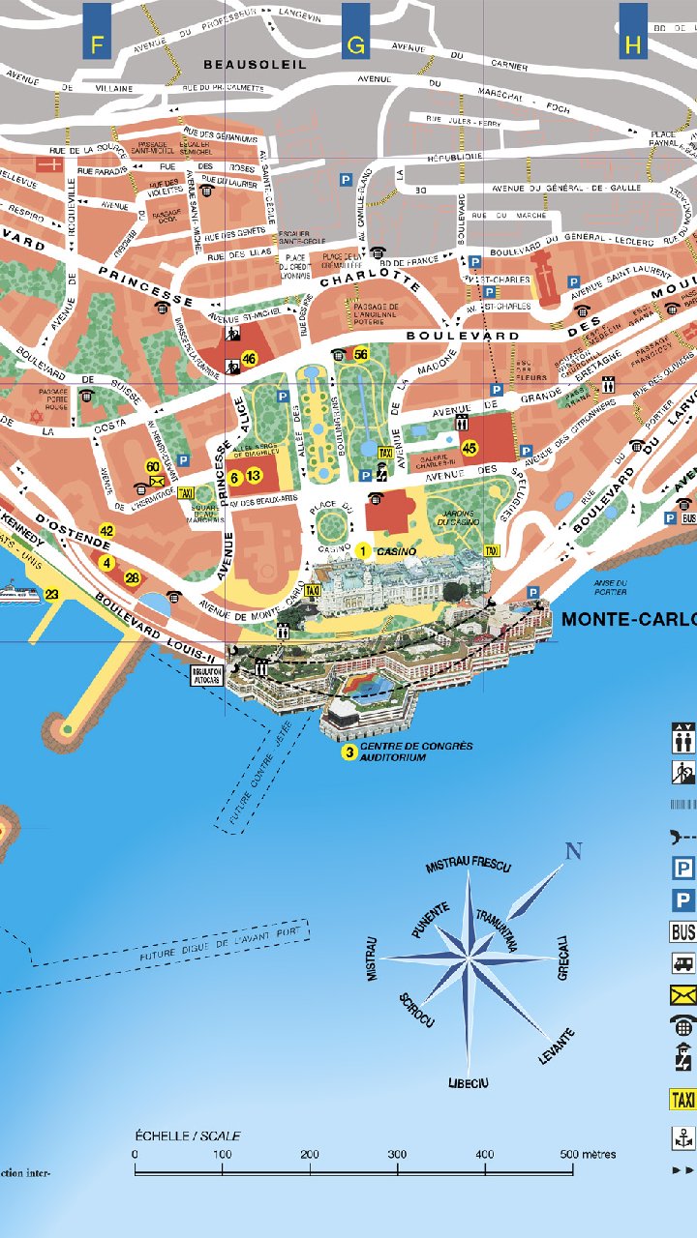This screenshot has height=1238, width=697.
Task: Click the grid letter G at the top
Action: click(x=355, y=44)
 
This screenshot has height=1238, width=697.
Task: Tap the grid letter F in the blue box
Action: click(x=96, y=44)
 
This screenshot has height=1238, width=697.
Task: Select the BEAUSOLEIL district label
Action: click(x=255, y=64)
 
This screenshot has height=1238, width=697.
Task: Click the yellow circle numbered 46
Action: click(x=250, y=359)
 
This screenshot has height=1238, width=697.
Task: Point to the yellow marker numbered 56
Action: click(x=361, y=354)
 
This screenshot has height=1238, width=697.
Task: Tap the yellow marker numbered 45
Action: click(x=470, y=448)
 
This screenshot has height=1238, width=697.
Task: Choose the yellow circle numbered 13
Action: click(x=254, y=476)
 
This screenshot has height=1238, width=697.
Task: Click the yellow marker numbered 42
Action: click(x=106, y=530)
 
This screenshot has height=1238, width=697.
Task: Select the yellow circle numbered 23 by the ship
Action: click(x=52, y=594)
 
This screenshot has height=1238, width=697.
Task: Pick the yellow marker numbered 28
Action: click(x=133, y=578)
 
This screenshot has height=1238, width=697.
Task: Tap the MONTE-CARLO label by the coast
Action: click(x=628, y=619)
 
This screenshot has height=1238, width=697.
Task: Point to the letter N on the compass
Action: click(x=573, y=852)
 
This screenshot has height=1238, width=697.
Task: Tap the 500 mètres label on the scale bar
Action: click(x=588, y=1154)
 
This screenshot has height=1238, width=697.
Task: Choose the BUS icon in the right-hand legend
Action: click(x=682, y=932)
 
